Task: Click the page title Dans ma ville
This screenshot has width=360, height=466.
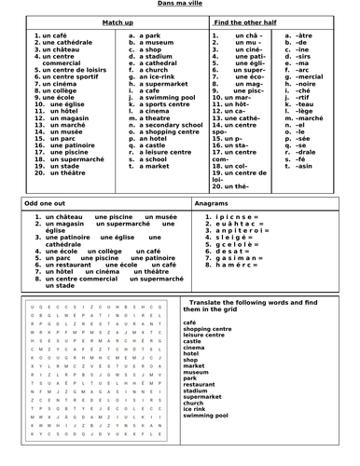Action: pos(180,6)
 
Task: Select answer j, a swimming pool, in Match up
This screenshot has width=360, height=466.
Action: pos(162,97)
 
